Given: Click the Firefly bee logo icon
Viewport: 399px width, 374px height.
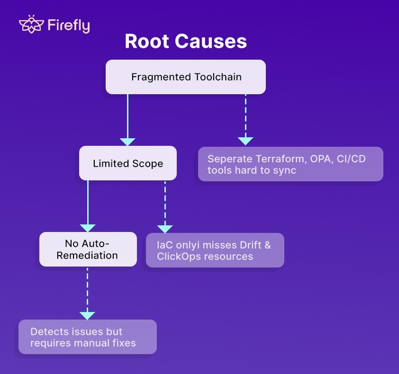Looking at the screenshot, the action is tap(31, 24).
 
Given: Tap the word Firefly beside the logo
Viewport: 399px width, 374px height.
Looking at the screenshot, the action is tap(69, 26).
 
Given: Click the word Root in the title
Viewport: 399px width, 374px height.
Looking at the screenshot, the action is tap(147, 41).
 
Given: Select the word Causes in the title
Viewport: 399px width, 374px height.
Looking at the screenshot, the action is tap(211, 41).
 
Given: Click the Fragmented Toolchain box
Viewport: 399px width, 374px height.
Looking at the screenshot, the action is tap(186, 77).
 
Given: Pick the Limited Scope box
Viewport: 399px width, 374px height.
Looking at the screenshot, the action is tap(128, 163).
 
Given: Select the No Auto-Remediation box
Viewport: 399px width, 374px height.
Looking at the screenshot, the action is tap(88, 249).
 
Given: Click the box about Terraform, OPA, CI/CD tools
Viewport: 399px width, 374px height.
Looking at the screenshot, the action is tap(290, 164).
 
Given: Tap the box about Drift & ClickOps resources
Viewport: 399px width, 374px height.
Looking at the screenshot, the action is tap(215, 250).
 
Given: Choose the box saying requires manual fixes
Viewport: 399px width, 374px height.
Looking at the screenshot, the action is tap(88, 337).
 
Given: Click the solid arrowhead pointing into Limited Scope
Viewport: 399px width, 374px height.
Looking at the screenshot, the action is tap(127, 142).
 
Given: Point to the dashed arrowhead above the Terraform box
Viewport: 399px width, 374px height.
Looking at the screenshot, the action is tap(245, 141).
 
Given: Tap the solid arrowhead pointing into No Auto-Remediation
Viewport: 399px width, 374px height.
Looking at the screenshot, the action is tap(88, 228).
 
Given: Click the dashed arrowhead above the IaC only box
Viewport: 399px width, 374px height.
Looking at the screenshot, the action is tap(165, 229).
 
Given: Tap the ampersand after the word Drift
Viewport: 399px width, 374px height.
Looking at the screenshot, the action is tap(268, 245).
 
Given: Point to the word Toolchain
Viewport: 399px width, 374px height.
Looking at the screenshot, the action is tap(218, 77).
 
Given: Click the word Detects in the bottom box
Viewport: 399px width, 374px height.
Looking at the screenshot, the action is tap(50, 331).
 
